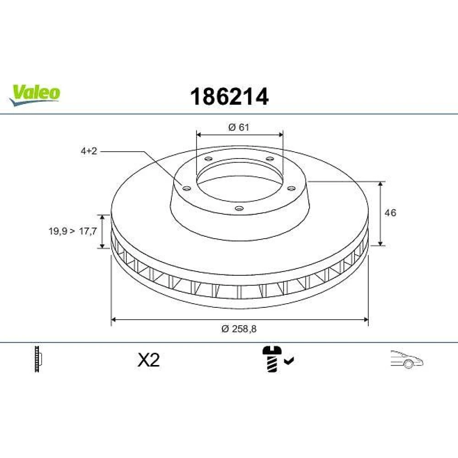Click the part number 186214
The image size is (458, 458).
pyautogui.click(x=229, y=97)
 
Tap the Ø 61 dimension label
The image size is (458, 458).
pyautogui.click(x=239, y=127)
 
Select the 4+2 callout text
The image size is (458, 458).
pyautogui.click(x=89, y=151)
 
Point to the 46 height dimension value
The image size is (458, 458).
pyautogui.click(x=390, y=213)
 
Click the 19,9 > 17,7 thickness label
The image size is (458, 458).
pyautogui.click(x=73, y=231)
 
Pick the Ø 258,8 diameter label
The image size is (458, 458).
pyautogui.click(x=239, y=329)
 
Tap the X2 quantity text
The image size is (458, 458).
pyautogui.click(x=149, y=360)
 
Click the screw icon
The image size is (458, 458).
pyautogui.click(x=272, y=359)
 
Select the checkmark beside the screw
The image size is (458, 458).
pyautogui.click(x=289, y=361)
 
